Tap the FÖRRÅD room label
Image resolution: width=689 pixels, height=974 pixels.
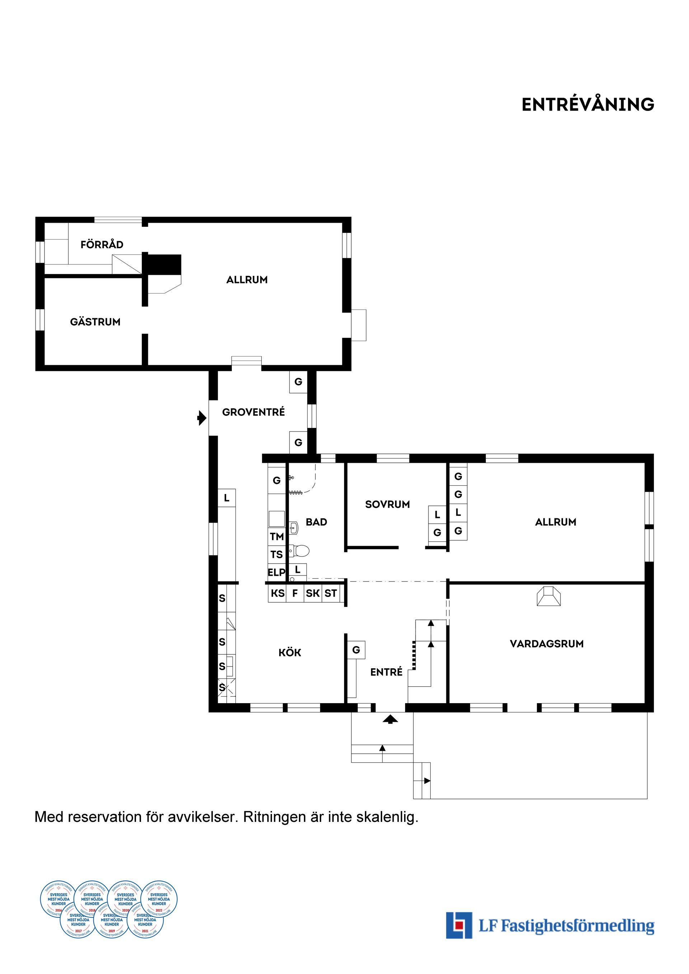102,244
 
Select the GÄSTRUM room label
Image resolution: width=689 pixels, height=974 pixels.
95,322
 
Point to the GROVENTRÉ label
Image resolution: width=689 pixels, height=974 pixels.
253,412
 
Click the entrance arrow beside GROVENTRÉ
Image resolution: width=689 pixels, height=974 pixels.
202,418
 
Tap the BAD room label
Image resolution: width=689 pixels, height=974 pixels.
316,522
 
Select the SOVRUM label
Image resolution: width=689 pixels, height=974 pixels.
387,504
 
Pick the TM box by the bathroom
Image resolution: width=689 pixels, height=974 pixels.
277,537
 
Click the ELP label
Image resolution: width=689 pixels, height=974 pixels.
276,572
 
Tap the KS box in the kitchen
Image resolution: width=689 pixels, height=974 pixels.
277,593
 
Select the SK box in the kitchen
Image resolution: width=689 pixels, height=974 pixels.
313,593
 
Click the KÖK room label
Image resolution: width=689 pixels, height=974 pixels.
290,653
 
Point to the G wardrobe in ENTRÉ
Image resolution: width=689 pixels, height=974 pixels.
356,649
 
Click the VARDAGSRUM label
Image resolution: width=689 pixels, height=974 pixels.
547,644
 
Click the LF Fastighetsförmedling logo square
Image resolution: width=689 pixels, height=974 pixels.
459,925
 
